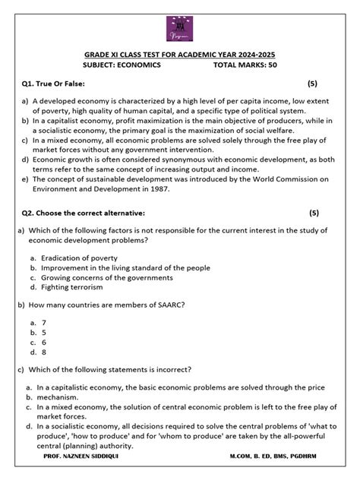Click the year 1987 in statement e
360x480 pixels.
pos(158,189)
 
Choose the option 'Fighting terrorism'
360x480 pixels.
pos(75,288)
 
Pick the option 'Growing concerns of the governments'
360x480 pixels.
pos(110,278)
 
